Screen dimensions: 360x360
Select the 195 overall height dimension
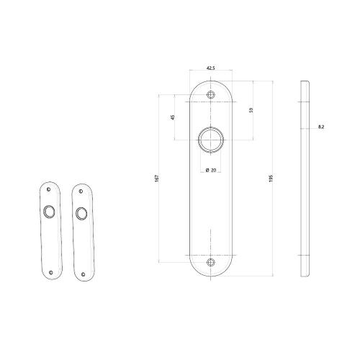[x=271, y=177]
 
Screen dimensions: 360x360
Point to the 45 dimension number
[x=173, y=117]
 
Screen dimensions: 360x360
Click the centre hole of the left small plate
[x=49, y=212]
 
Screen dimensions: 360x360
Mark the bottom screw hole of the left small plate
[x=52, y=271]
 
